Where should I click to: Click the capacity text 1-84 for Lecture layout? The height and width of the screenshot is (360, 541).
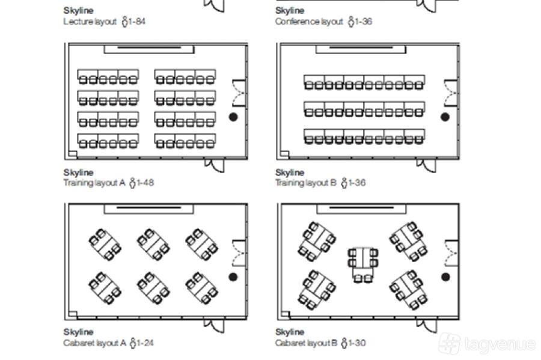pyautogui.click(x=137, y=22)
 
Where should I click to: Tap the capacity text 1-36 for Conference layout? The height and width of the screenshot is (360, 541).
pyautogui.click(x=364, y=22)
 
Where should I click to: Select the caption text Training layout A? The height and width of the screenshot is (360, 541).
pyautogui.click(x=94, y=183)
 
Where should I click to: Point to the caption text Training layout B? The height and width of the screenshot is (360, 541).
pyautogui.click(x=306, y=183)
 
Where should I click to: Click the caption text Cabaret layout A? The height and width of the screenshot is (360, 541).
pyautogui.click(x=95, y=343)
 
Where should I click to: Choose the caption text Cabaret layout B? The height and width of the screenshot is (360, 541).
pyautogui.click(x=306, y=343)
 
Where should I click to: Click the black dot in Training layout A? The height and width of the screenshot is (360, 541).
pyautogui.click(x=233, y=117)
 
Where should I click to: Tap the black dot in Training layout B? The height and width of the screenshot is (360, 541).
pyautogui.click(x=445, y=117)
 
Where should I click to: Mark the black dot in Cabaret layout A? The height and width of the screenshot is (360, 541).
pyautogui.click(x=233, y=277)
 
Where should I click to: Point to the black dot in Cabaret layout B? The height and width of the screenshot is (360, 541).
pyautogui.click(x=445, y=277)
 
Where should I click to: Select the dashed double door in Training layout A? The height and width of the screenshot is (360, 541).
pyautogui.click(x=239, y=93)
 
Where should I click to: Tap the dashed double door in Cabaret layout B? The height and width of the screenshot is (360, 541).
pyautogui.click(x=451, y=253)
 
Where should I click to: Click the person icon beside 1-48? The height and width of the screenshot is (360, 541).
pyautogui.click(x=132, y=183)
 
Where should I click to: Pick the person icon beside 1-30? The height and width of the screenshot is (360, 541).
pyautogui.click(x=344, y=343)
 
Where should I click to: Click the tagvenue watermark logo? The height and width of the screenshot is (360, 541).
pyautogui.click(x=449, y=343)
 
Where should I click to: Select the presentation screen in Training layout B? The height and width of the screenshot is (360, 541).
pyautogui.click(x=361, y=49)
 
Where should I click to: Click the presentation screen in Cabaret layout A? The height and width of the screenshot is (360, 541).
pyautogui.click(x=148, y=209)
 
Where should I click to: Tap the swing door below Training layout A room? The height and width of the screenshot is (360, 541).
pyautogui.click(x=214, y=165)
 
